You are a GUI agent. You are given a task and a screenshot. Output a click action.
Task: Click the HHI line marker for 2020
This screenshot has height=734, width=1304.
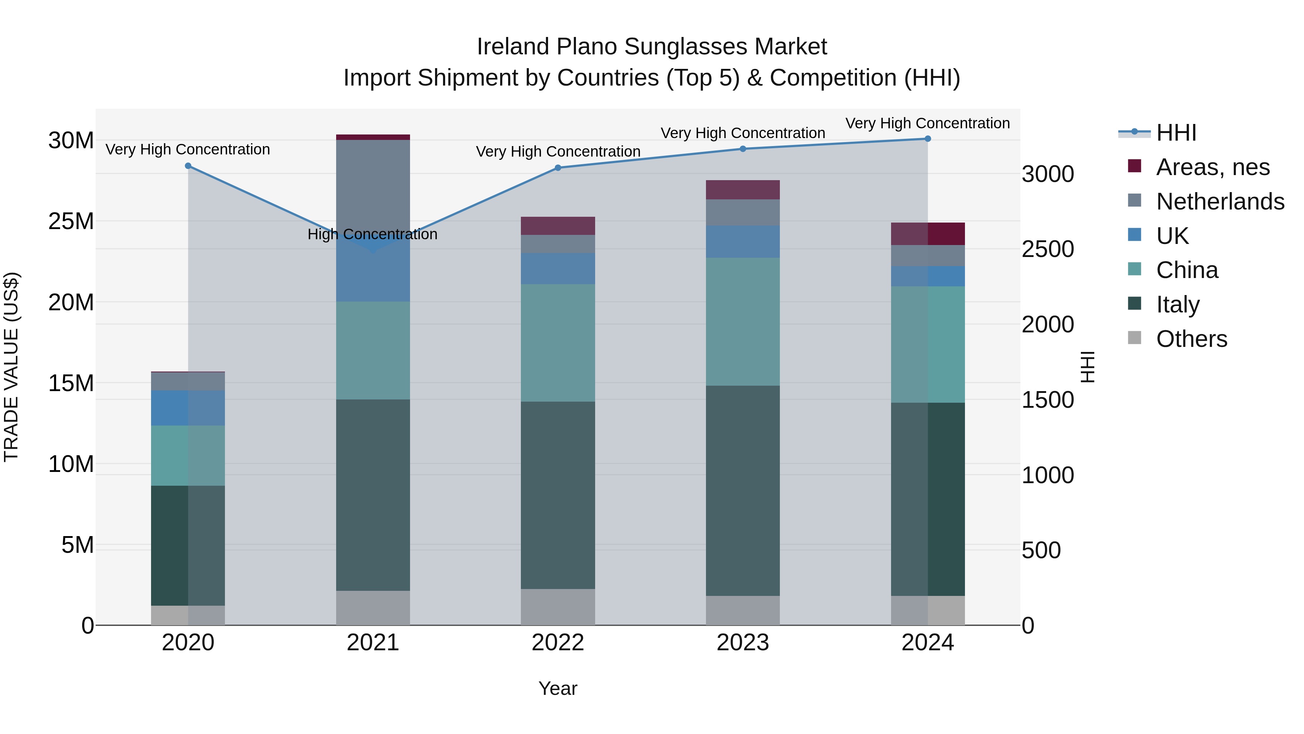pos(188,166)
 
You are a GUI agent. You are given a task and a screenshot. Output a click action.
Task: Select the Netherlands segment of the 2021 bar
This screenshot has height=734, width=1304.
pos(373,187)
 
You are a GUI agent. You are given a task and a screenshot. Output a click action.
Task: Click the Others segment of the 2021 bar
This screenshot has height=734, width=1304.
pos(373,607)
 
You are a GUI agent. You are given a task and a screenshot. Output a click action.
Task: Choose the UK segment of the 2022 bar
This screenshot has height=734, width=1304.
pos(558,269)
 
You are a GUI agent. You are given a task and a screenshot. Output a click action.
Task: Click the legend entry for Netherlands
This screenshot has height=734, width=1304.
pos(1220,201)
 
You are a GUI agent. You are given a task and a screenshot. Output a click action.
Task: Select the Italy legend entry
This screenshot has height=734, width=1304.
pos(1178,304)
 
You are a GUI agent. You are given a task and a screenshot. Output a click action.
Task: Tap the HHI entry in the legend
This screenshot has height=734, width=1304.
pos(1176,133)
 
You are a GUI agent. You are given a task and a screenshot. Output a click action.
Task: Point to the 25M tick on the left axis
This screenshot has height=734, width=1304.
pos(71,221)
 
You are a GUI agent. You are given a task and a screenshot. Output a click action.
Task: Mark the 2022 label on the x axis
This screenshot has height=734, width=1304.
pos(558,642)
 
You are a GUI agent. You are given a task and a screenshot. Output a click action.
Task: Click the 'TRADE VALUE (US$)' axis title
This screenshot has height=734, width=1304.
pos(11,367)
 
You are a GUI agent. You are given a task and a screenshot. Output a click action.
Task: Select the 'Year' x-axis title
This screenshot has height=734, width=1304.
pos(558,688)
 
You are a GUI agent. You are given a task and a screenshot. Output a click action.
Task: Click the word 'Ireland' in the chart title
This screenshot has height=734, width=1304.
pos(513,47)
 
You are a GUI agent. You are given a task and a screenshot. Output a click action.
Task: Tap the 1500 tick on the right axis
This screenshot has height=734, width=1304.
pos(1047,400)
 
